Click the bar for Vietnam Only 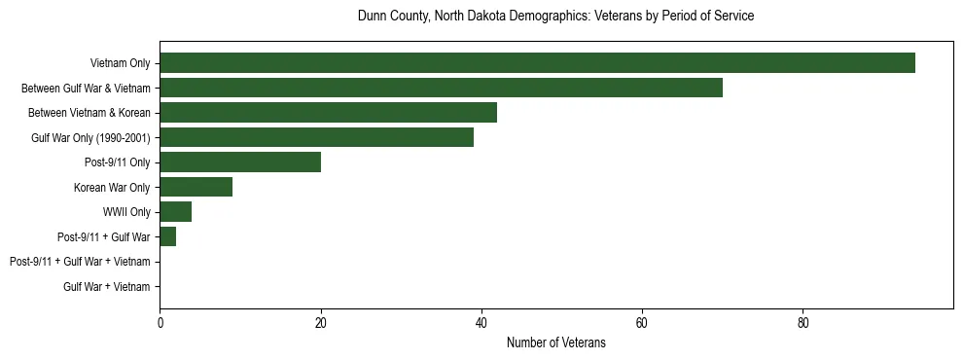(x=537, y=63)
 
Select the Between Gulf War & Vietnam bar (x=441, y=88)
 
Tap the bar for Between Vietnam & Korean (x=328, y=113)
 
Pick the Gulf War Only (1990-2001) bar (x=316, y=137)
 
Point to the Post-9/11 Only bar (x=240, y=162)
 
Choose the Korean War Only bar (x=196, y=187)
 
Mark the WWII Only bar (x=175, y=212)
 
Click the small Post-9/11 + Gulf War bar (x=167, y=236)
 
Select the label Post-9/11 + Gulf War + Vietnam (x=80, y=262)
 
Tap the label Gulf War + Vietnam (x=107, y=286)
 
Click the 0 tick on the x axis (x=160, y=323)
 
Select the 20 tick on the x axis (x=320, y=323)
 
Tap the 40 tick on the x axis (x=481, y=323)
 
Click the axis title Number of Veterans (x=555, y=342)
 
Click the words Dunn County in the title (x=388, y=17)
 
